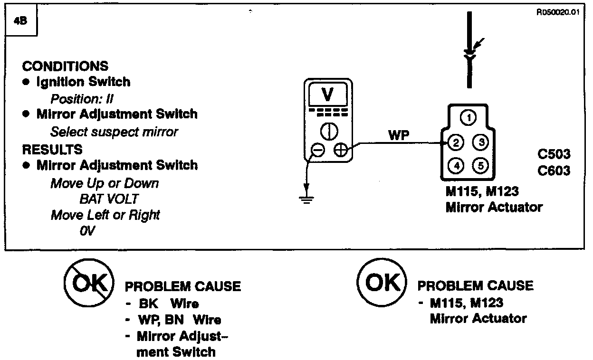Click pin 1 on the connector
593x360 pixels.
point(469,118)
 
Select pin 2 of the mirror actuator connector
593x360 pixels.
point(456,142)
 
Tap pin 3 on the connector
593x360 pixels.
point(481,142)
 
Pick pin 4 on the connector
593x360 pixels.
point(456,166)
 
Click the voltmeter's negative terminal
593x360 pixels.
point(317,151)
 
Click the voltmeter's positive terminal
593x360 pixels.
point(341,151)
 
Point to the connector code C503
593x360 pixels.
point(554,155)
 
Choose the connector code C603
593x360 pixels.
point(554,171)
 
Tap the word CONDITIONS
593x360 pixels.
point(65,66)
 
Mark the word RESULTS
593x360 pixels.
point(52,149)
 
